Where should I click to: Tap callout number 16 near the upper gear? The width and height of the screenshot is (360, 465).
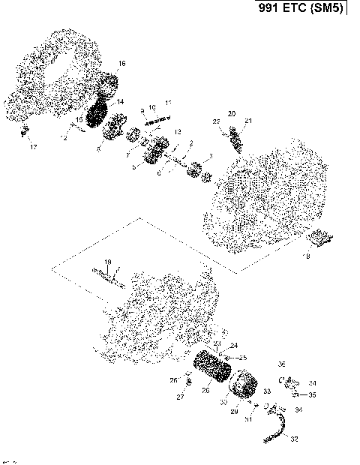pos(121,63)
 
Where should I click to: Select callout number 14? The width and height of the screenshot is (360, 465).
pos(120,101)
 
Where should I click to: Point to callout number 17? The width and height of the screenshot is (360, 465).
pos(32,147)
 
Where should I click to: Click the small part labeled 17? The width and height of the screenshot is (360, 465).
pos(23,133)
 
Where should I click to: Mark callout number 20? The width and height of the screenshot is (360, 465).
pos(232,113)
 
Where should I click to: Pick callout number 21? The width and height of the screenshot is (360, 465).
pos(248,121)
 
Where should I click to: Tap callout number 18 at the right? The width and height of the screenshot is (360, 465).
pos(305,256)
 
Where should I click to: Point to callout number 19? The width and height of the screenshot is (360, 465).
pos(108,262)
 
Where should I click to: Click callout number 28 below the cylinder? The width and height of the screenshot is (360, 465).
pos(205,390)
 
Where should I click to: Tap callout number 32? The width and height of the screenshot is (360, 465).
pos(293,439)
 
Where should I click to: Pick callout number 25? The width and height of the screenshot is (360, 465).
pos(242,358)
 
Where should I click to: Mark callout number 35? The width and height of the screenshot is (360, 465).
pos(313,394)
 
